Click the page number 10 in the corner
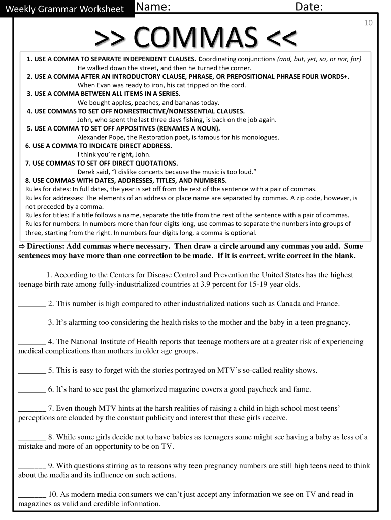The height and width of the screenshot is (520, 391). [369, 23]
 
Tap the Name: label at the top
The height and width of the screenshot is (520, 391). [152, 7]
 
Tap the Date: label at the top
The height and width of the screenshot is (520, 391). [310, 7]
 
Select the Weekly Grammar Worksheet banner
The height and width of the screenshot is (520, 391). [64, 9]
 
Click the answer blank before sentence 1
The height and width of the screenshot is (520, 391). [32, 275]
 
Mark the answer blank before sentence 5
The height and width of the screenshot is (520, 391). [32, 370]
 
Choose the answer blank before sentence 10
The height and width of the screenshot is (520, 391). [32, 494]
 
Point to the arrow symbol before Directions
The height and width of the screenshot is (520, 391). [22, 246]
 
